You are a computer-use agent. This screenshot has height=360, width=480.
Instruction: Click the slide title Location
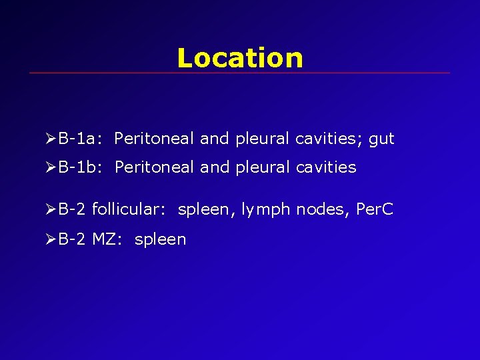tap(240, 58)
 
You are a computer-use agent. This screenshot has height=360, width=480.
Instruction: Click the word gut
tap(382, 139)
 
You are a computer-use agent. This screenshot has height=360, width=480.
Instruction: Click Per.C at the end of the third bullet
tap(375, 210)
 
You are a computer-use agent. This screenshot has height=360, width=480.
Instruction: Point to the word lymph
tap(266, 211)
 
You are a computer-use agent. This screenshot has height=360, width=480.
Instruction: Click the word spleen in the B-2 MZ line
tap(160, 240)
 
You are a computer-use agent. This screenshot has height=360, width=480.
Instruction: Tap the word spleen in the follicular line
tap(203, 211)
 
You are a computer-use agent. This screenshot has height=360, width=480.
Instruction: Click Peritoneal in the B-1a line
tap(154, 139)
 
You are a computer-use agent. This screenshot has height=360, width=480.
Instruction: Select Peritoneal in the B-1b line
tap(154, 167)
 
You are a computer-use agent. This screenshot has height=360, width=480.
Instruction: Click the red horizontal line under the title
tap(240, 73)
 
